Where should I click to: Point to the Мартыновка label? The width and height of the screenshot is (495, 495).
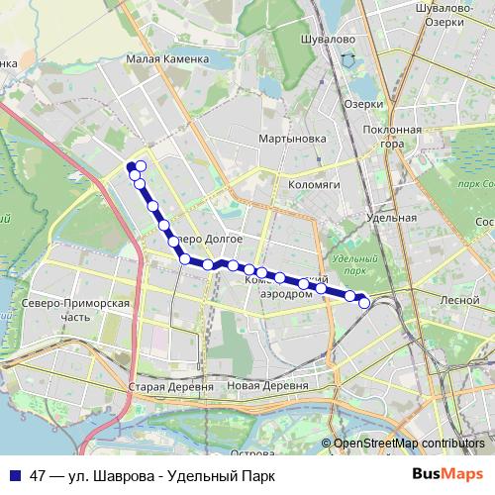(x=292, y=139)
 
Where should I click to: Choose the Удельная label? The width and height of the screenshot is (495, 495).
(x=389, y=217)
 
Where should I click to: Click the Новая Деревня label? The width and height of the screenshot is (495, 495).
(x=266, y=386)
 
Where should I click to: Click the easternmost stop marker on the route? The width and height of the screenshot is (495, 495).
(x=364, y=303)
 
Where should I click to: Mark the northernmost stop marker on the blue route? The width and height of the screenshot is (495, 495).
(x=142, y=165)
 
